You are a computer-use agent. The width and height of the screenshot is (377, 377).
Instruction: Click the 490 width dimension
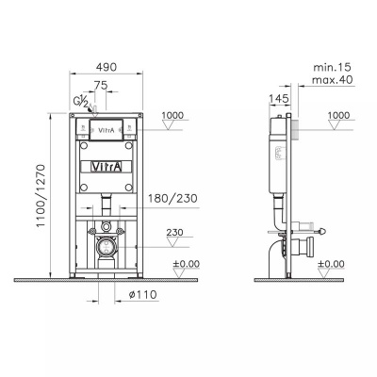click(x=107, y=67)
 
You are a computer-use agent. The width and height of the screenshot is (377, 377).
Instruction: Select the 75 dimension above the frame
click(x=101, y=85)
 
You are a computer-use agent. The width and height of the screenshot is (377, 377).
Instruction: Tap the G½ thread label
click(x=81, y=101)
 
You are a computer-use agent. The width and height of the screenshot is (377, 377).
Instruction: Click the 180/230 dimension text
click(x=172, y=198)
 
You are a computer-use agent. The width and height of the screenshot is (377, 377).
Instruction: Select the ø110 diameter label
click(x=143, y=295)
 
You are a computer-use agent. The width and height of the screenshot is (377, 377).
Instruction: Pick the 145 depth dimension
click(x=278, y=99)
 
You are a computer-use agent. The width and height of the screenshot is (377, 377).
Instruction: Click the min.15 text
click(x=332, y=67)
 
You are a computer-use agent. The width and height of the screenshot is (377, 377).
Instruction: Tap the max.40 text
click(x=332, y=80)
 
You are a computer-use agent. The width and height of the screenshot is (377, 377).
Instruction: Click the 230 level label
click(x=174, y=233)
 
